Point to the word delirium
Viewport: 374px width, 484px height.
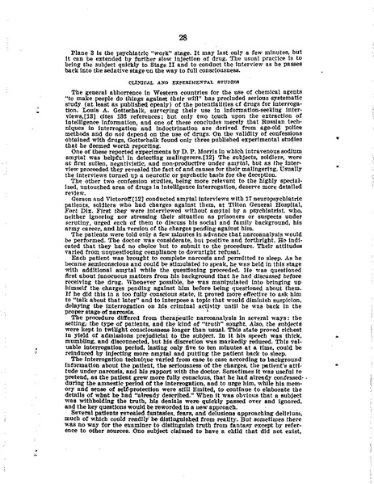[320, 452]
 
